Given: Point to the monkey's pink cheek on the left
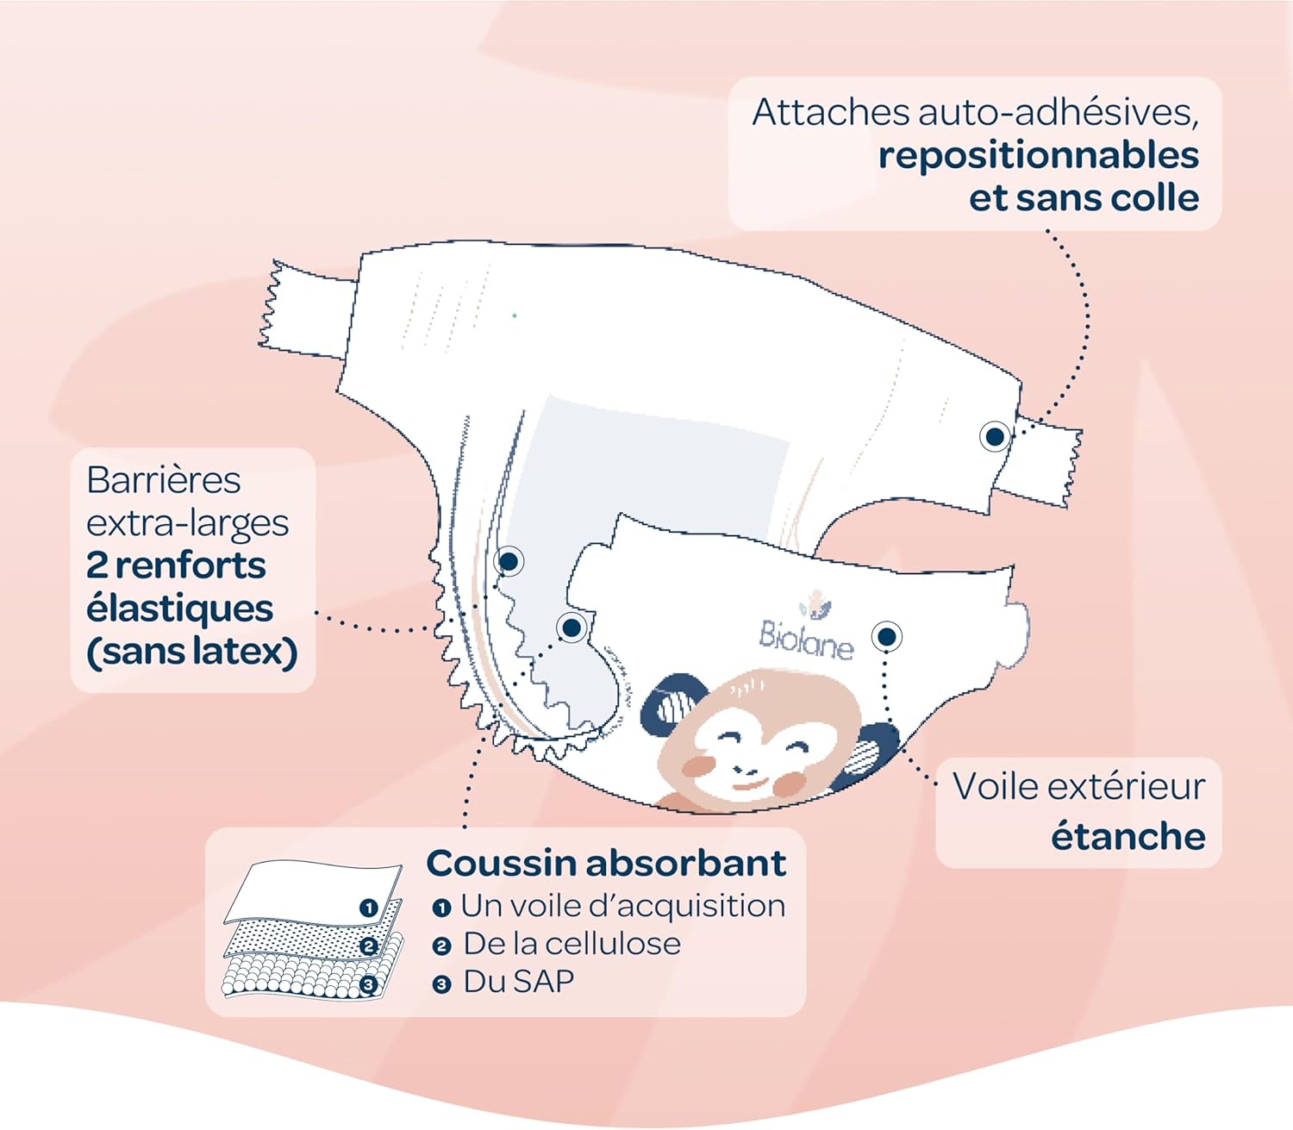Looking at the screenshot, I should click(699, 766).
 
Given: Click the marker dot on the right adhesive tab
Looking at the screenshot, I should click(995, 437).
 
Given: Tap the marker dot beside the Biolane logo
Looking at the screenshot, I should click(886, 637).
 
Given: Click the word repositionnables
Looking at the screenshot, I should click(1038, 156).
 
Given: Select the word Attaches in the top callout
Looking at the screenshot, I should click(830, 113).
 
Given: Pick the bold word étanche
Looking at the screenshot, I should click(1127, 836).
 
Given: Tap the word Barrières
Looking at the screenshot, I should click(164, 480).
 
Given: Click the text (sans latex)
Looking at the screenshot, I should click(191, 652).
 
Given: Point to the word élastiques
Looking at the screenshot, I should click(179, 609).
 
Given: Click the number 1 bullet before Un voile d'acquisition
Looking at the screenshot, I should click(441, 908).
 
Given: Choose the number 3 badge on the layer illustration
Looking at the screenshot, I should click(369, 984).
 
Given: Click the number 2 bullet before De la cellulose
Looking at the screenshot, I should click(441, 946).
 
